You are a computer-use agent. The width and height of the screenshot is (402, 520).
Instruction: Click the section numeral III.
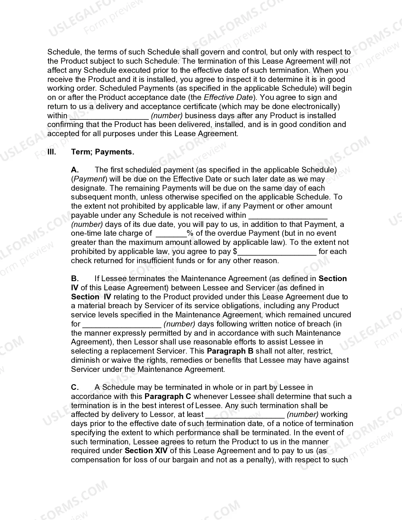(51, 152)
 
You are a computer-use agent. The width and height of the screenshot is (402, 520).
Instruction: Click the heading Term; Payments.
(102, 152)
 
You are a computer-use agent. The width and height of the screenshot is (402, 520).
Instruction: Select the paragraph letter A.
(75, 170)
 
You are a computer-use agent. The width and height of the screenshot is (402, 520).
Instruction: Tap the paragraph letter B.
(75, 279)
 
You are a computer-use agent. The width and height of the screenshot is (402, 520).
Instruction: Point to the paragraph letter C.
(75, 387)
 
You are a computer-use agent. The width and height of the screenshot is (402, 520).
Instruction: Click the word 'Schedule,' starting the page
(65, 52)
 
